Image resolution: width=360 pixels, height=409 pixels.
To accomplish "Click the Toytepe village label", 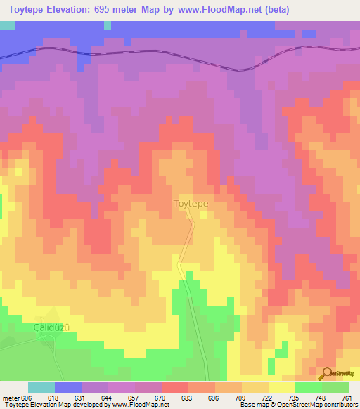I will point(191,204).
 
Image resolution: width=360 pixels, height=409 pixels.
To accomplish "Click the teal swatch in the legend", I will point(41,387).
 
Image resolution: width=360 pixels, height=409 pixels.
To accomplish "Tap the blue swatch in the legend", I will point(67,387).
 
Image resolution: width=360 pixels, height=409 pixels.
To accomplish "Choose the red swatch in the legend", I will point(174,387).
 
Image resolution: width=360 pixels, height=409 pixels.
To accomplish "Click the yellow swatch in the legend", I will point(281,387).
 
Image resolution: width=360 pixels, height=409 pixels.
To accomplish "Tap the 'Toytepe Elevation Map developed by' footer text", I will point(53,405).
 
